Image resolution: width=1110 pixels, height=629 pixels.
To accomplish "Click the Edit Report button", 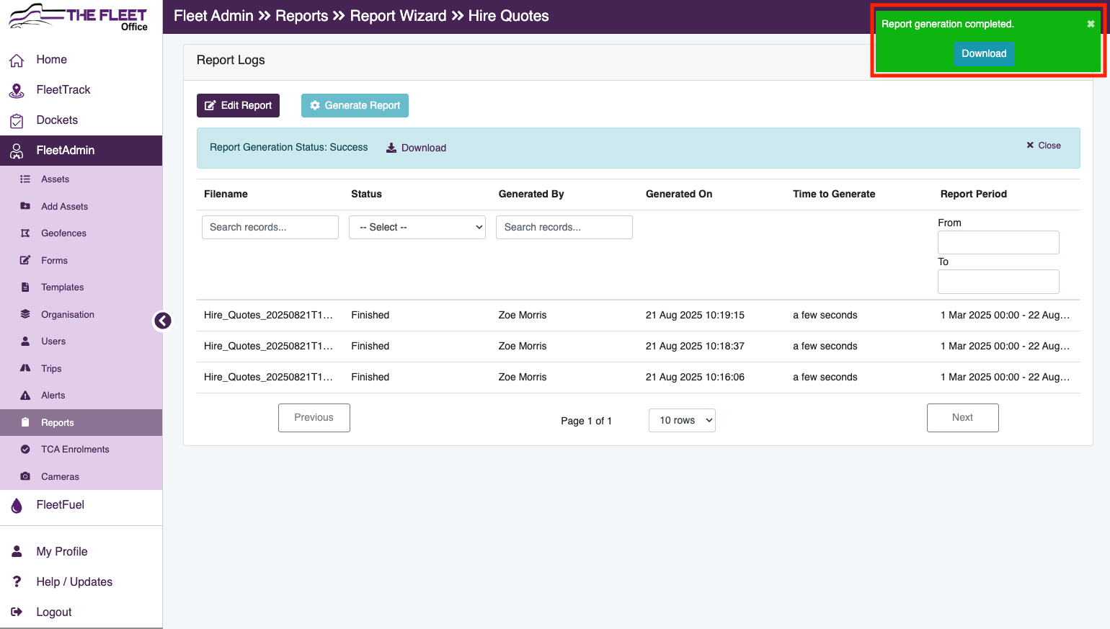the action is point(238,105).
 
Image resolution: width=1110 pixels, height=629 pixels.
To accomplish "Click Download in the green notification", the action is point(984,53).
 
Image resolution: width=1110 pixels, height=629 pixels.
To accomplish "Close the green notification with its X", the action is point(1091,24).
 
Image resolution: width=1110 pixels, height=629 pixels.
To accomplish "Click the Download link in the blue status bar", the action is point(417,148).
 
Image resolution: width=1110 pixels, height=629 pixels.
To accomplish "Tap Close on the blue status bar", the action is point(1044,145).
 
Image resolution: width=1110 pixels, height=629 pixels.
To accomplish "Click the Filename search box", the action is point(270,228).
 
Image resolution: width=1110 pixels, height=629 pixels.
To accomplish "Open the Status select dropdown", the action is point(417,228).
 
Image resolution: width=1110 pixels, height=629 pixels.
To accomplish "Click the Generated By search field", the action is point(564,228).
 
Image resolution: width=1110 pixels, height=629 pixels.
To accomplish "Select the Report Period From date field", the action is point(998,243).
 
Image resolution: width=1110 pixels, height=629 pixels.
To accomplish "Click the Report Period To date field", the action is point(998,282).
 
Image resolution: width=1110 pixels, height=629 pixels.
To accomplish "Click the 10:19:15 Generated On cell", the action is point(695,315).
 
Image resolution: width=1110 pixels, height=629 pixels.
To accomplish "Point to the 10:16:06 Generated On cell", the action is point(695,377).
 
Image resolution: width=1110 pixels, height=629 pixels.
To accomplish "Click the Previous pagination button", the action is point(314,417).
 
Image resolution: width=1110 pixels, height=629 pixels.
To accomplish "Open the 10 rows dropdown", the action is point(682,421).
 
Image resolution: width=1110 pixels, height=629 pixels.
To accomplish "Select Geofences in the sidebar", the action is point(63,233).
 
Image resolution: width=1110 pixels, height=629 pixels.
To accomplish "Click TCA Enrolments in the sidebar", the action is point(75,449).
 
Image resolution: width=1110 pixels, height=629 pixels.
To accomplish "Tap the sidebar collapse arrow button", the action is point(163,321).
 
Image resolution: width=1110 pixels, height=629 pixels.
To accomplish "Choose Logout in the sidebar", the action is point(53,612).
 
